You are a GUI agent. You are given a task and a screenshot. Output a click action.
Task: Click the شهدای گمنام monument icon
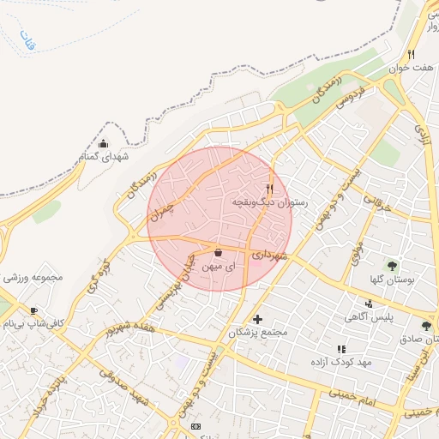(x=104, y=143)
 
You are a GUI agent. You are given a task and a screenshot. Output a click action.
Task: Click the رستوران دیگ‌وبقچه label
(x=269, y=201)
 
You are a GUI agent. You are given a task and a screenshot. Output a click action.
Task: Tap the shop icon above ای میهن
(x=217, y=252)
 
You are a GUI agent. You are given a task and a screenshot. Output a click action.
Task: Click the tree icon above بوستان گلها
(x=393, y=265)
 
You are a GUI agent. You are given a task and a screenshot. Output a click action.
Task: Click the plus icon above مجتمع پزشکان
(x=257, y=319)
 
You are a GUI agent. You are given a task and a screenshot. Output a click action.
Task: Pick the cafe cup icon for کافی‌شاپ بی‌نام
(x=33, y=310)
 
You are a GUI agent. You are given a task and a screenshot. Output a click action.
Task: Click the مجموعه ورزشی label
(x=35, y=279)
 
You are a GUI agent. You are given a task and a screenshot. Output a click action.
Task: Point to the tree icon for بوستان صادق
(x=427, y=325)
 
